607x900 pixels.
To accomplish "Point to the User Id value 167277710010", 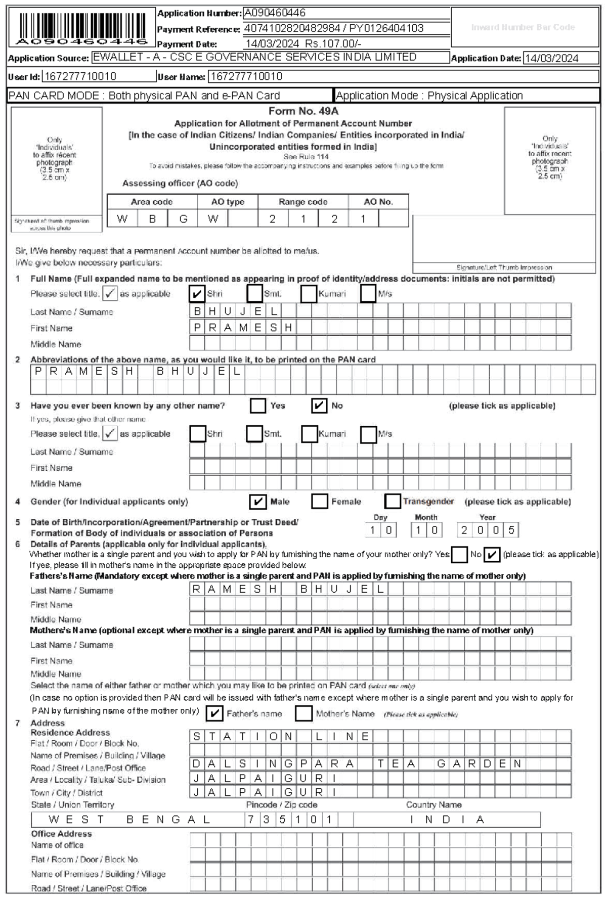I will pos(80,76).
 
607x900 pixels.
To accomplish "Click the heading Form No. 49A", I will pos(303,111).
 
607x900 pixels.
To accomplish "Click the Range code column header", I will pos(303,202).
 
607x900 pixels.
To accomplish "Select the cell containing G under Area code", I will pos(183,219).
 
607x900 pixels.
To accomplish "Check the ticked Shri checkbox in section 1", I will pos(197,294).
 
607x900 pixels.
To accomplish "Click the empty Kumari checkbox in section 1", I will pos(309,294).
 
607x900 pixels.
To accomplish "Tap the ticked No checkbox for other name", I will pos(319,406).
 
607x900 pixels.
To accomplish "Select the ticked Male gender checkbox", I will pos(258,502).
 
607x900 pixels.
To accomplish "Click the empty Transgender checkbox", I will pos(393,502).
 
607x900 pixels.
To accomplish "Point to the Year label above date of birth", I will pos(488,517).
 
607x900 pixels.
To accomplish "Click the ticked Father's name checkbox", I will pos(214,713).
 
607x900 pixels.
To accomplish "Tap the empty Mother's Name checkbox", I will pos(303,713).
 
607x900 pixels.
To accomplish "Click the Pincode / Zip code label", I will pos(281,804).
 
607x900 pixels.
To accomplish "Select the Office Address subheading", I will pos(61,834).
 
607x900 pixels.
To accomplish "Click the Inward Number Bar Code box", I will pos(523,27).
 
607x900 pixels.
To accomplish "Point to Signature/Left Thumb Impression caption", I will pos(504,267).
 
